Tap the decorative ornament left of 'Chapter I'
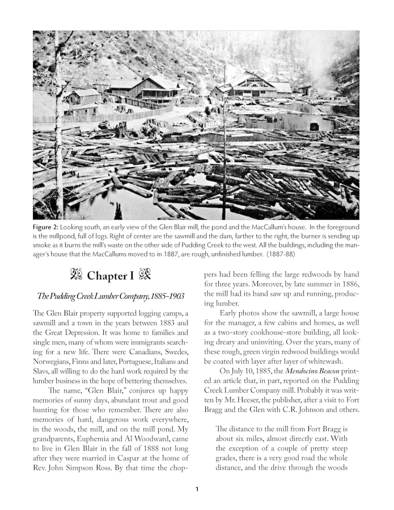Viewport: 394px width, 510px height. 75,276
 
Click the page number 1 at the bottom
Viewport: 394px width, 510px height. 196,490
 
